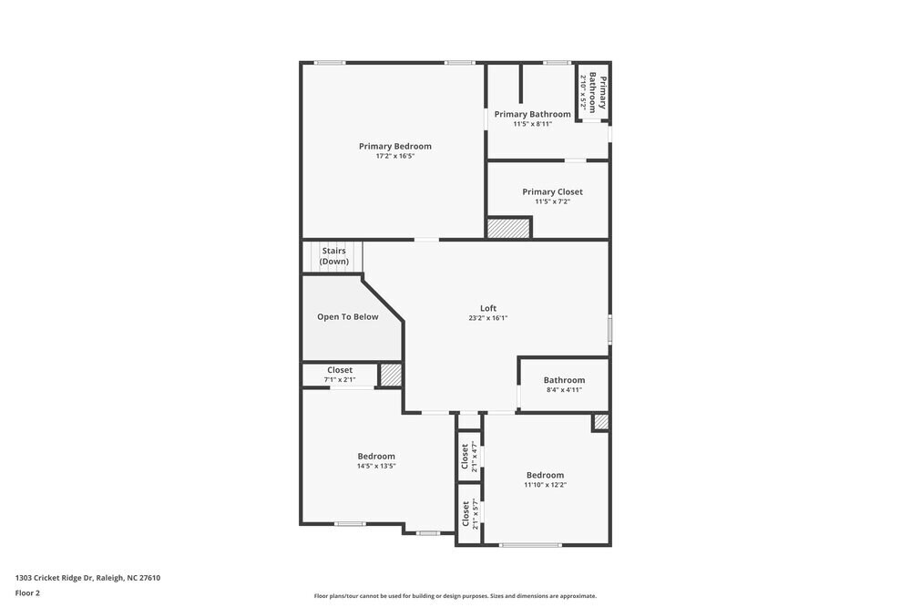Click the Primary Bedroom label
pyautogui.click(x=394, y=146)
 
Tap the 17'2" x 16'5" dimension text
pyautogui.click(x=394, y=156)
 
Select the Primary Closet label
pyautogui.click(x=552, y=191)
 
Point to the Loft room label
pyautogui.click(x=488, y=308)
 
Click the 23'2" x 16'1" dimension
pyautogui.click(x=488, y=318)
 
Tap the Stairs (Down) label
pyautogui.click(x=333, y=256)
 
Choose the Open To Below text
pyautogui.click(x=347, y=317)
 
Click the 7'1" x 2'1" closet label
pyautogui.click(x=339, y=375)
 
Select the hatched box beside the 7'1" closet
pyautogui.click(x=391, y=375)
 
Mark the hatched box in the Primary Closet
pyautogui.click(x=508, y=228)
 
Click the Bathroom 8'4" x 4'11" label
pyautogui.click(x=564, y=385)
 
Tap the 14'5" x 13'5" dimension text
pyautogui.click(x=376, y=466)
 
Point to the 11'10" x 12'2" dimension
pyautogui.click(x=545, y=485)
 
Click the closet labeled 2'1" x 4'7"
pyautogui.click(x=469, y=456)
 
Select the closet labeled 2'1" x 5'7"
pyautogui.click(x=469, y=514)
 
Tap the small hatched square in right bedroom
pyautogui.click(x=600, y=422)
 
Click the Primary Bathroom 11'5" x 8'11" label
pyautogui.click(x=532, y=119)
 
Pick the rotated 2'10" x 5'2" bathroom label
pyautogui.click(x=593, y=91)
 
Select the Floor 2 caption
pyautogui.click(x=27, y=593)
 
